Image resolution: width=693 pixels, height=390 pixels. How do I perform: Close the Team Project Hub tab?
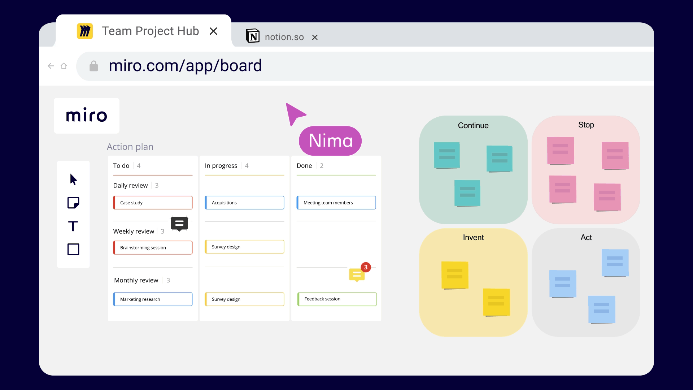tap(213, 31)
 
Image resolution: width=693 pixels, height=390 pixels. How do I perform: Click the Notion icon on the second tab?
tap(253, 36)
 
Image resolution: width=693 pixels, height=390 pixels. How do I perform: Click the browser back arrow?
tap(51, 66)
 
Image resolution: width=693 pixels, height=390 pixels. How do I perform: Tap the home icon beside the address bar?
tap(64, 66)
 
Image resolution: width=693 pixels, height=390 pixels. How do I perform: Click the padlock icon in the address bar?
tap(93, 66)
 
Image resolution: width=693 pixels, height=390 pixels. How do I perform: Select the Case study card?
tap(153, 203)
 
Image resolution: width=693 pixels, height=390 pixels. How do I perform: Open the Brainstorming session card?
tap(153, 248)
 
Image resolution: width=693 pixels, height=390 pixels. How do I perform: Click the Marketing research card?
tap(153, 299)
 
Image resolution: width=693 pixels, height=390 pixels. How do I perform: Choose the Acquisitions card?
tap(244, 203)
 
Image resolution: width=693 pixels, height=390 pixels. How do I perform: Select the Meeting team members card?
tap(336, 203)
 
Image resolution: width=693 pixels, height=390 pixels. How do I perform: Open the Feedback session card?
tap(337, 299)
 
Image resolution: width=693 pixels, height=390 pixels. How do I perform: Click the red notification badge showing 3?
tap(366, 267)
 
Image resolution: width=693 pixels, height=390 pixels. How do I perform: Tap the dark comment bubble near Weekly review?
tap(179, 224)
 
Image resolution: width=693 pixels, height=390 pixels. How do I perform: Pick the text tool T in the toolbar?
tap(73, 226)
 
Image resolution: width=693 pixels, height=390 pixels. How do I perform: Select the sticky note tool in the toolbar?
tap(73, 203)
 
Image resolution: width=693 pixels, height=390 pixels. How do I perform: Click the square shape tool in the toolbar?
tap(73, 249)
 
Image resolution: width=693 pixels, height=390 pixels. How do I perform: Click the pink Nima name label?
tap(330, 141)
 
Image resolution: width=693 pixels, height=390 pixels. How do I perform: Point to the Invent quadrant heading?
tap(473, 238)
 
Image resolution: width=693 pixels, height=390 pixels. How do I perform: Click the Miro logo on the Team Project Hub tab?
tap(85, 31)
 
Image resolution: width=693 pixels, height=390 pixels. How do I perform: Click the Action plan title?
tap(130, 147)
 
